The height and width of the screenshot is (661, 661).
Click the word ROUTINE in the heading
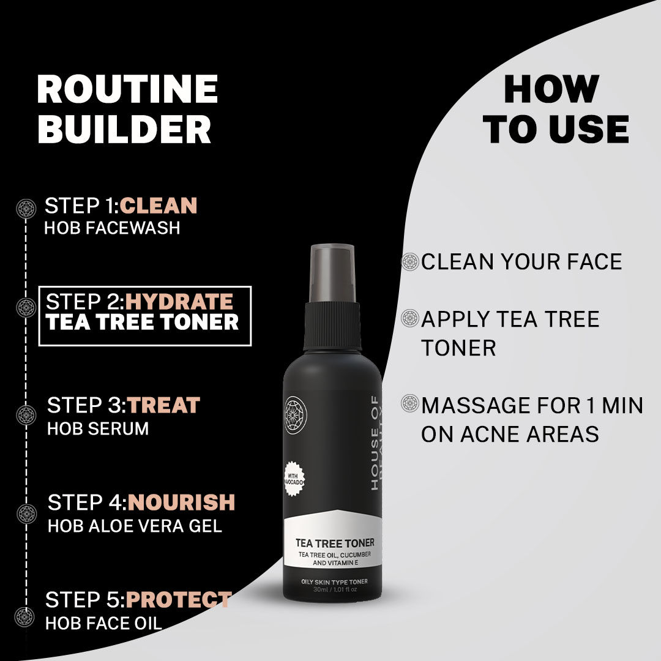coord(127,89)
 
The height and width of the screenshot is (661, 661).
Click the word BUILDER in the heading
coord(124,130)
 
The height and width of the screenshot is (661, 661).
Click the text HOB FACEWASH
coord(112,228)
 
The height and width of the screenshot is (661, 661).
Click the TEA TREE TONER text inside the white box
coord(142,323)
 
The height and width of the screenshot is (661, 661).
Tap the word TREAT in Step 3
coord(164,405)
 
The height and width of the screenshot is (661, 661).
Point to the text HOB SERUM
coord(98,428)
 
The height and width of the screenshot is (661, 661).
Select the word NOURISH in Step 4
coord(181,502)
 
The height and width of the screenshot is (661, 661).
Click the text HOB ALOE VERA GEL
coord(135,526)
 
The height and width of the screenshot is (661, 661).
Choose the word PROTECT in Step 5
coord(179,600)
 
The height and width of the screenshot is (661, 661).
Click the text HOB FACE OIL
coord(103,623)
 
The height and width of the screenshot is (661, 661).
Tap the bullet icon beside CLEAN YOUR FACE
coord(409,262)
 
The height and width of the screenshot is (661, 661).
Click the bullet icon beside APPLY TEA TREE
coord(409,318)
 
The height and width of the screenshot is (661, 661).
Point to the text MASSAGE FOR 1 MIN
coord(531,405)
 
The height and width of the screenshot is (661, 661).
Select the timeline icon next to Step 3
coord(26,415)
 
